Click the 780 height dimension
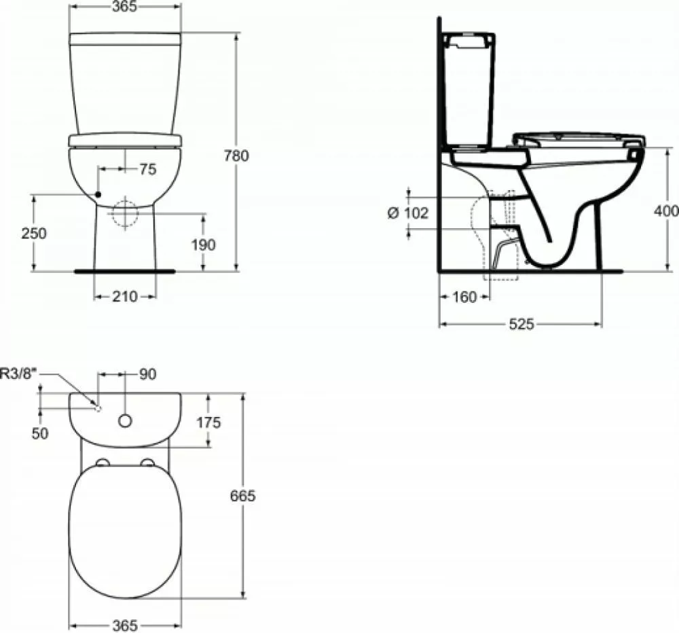(x=236, y=156)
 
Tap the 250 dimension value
(x=34, y=233)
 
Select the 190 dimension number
(x=203, y=245)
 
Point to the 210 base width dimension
(x=125, y=297)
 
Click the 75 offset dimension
(x=147, y=169)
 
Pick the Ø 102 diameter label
(x=407, y=213)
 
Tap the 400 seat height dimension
(x=667, y=211)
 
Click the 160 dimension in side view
(x=464, y=297)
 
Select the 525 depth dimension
(x=521, y=324)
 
